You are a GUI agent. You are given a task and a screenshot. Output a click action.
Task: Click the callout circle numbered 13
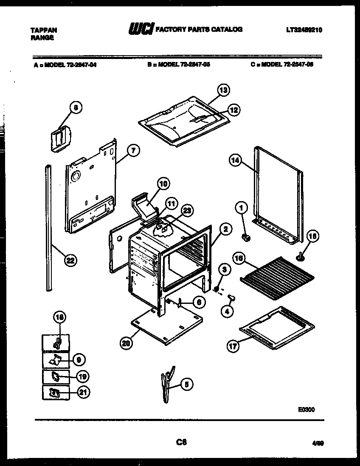(x=223, y=90)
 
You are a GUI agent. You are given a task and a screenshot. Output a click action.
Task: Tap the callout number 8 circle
(x=75, y=108)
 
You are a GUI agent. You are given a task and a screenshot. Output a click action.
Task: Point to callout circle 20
(x=125, y=344)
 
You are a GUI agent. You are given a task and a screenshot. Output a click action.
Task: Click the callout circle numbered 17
(x=233, y=345)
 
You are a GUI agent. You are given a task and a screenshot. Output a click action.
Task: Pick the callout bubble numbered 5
(x=186, y=384)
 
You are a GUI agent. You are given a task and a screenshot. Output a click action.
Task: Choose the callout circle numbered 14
(x=235, y=160)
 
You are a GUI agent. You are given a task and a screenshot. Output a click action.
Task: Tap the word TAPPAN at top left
(x=44, y=30)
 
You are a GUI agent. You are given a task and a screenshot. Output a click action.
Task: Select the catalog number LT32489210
(x=304, y=30)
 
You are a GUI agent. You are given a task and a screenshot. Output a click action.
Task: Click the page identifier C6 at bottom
(x=181, y=442)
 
